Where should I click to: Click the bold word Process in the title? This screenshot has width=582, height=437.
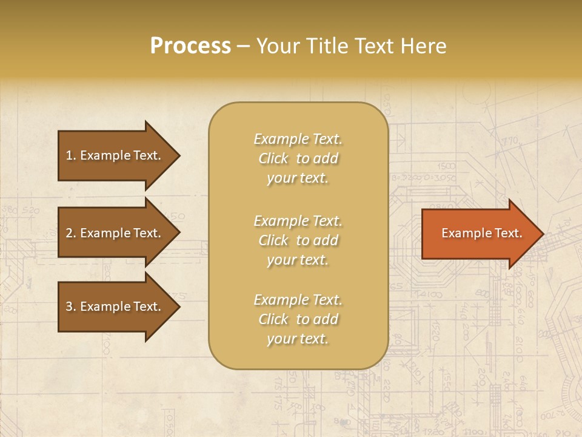pyautogui.click(x=190, y=46)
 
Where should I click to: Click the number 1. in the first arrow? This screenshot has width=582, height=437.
pyautogui.click(x=71, y=155)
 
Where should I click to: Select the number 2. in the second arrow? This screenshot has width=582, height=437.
pyautogui.click(x=71, y=233)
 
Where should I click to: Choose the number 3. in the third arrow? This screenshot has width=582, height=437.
pyautogui.click(x=71, y=307)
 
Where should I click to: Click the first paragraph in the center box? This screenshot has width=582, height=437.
pyautogui.click(x=298, y=158)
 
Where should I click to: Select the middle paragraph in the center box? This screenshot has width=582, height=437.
pyautogui.click(x=298, y=240)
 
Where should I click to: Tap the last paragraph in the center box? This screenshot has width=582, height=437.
pyautogui.click(x=298, y=319)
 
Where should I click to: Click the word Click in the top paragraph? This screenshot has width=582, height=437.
pyautogui.click(x=273, y=158)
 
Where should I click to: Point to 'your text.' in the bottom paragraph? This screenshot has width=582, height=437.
pyautogui.click(x=298, y=339)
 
